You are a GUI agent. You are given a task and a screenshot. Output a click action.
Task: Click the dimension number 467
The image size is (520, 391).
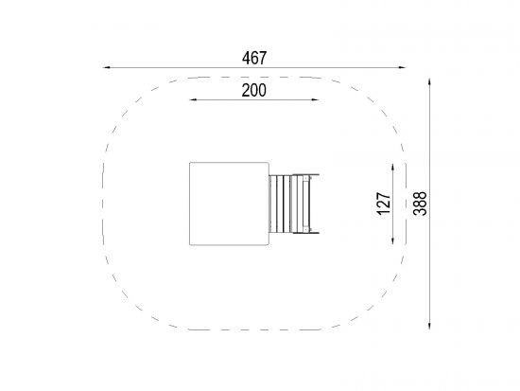(254, 58)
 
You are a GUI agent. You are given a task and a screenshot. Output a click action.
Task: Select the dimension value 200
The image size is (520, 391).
(253, 90)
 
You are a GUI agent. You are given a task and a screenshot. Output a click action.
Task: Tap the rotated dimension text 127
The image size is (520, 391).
(384, 204)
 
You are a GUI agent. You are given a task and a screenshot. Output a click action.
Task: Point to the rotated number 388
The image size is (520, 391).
(420, 204)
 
